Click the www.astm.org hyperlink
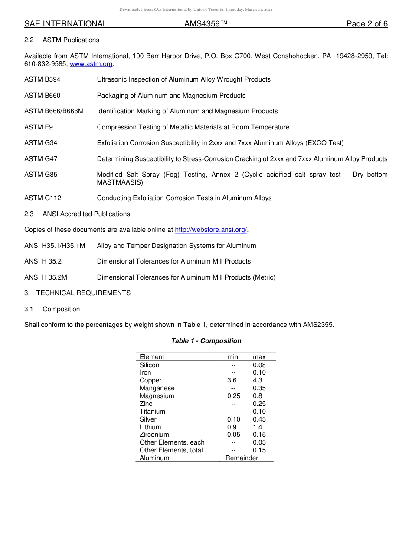point(91,64)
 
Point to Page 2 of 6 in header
point(367,24)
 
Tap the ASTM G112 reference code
point(43,198)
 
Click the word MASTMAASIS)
point(120,182)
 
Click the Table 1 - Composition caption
point(206,341)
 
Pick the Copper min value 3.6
point(232,380)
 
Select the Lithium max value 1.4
point(258,427)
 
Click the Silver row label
point(148,419)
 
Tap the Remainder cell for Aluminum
point(242,458)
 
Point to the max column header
point(259,357)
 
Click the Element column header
point(152,357)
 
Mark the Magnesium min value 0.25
point(233,396)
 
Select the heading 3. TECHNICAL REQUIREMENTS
point(77,293)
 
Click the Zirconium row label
point(154,435)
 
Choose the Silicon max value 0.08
point(259,365)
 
